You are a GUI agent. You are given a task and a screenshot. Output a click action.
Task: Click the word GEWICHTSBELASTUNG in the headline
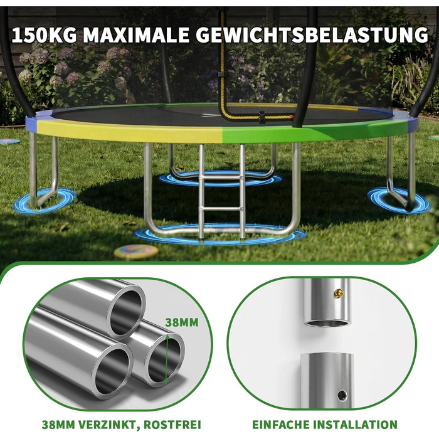[312, 34]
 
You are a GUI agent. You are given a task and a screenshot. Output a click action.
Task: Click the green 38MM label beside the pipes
[182, 322]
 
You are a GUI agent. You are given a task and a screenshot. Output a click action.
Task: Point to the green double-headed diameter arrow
[167, 359]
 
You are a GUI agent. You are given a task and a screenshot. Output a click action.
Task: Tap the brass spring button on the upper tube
[338, 293]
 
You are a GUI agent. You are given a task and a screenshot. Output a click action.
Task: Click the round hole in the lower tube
[342, 395]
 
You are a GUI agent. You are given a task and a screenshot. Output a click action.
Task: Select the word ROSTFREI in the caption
[172, 425]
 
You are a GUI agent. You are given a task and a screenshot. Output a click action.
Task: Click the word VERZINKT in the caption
[110, 425]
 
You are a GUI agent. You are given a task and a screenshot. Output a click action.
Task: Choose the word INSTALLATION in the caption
[355, 425]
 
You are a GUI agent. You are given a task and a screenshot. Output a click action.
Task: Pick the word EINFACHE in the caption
[281, 425]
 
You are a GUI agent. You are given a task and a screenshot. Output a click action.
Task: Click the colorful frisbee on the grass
[136, 251]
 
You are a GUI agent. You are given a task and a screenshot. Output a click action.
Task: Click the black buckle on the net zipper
[262, 117]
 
